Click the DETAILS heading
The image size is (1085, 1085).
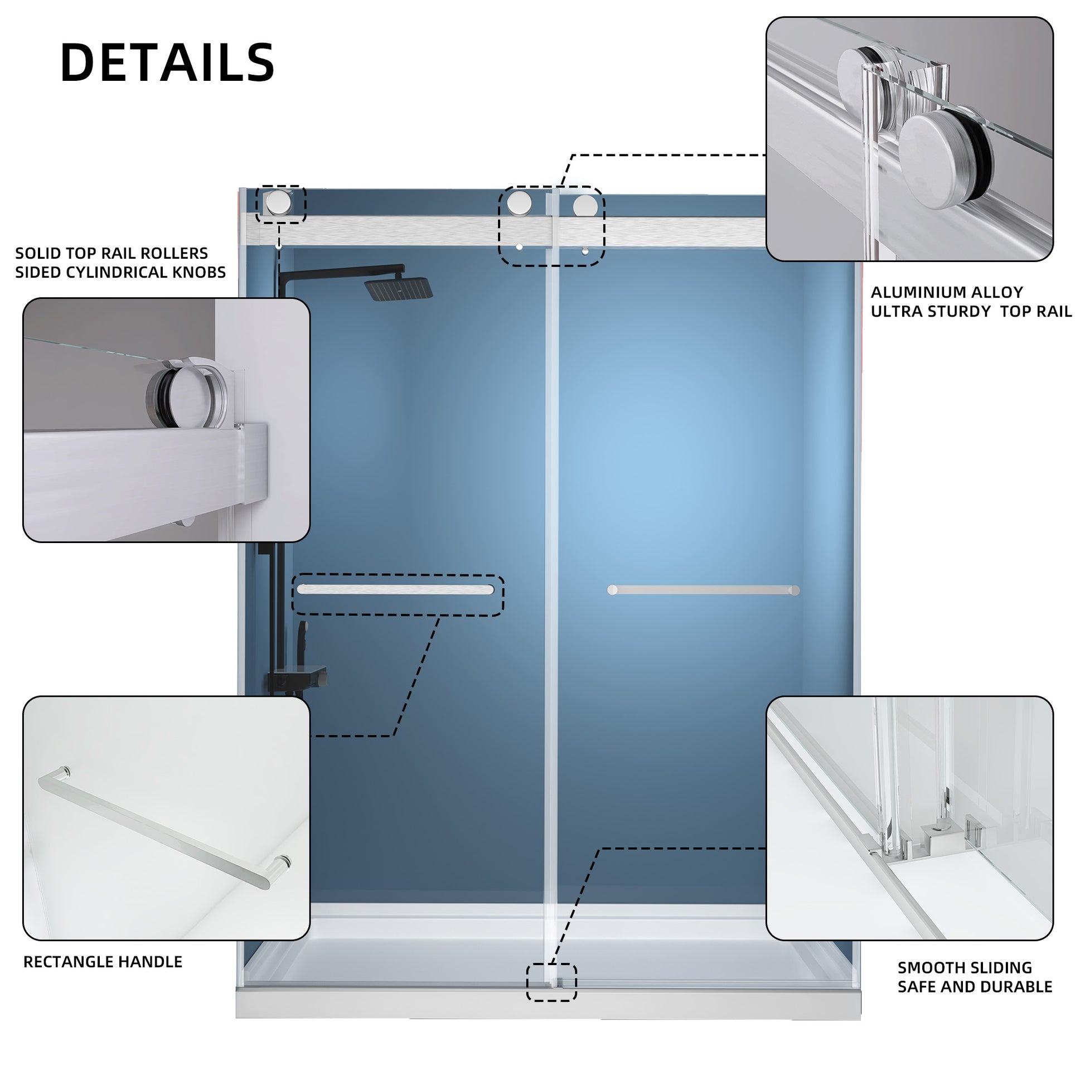pyautogui.click(x=167, y=62)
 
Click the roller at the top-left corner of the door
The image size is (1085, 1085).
pyautogui.click(x=279, y=203)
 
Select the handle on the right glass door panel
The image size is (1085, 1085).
pyautogui.click(x=703, y=590)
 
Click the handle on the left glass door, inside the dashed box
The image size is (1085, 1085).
pyautogui.click(x=395, y=589)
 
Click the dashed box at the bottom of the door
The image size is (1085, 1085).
pyautogui.click(x=551, y=982)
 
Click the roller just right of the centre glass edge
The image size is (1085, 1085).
pyautogui.click(x=585, y=206)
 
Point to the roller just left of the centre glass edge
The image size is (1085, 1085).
pyautogui.click(x=520, y=202)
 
